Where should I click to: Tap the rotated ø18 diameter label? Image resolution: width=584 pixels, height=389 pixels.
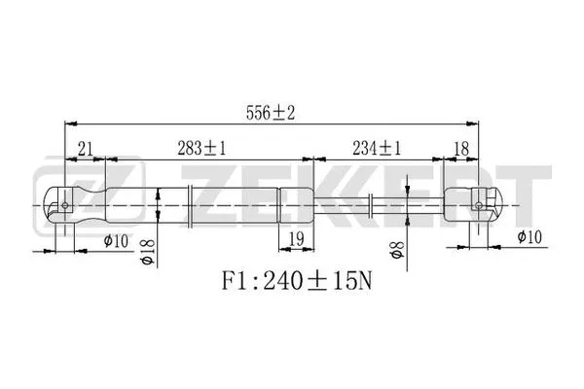click(x=149, y=251)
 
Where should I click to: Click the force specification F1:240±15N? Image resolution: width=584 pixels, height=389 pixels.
click(x=292, y=283)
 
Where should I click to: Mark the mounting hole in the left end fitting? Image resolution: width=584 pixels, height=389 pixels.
click(x=64, y=204)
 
